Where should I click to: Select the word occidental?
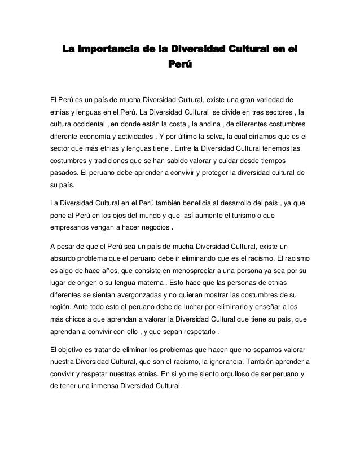[93, 124]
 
